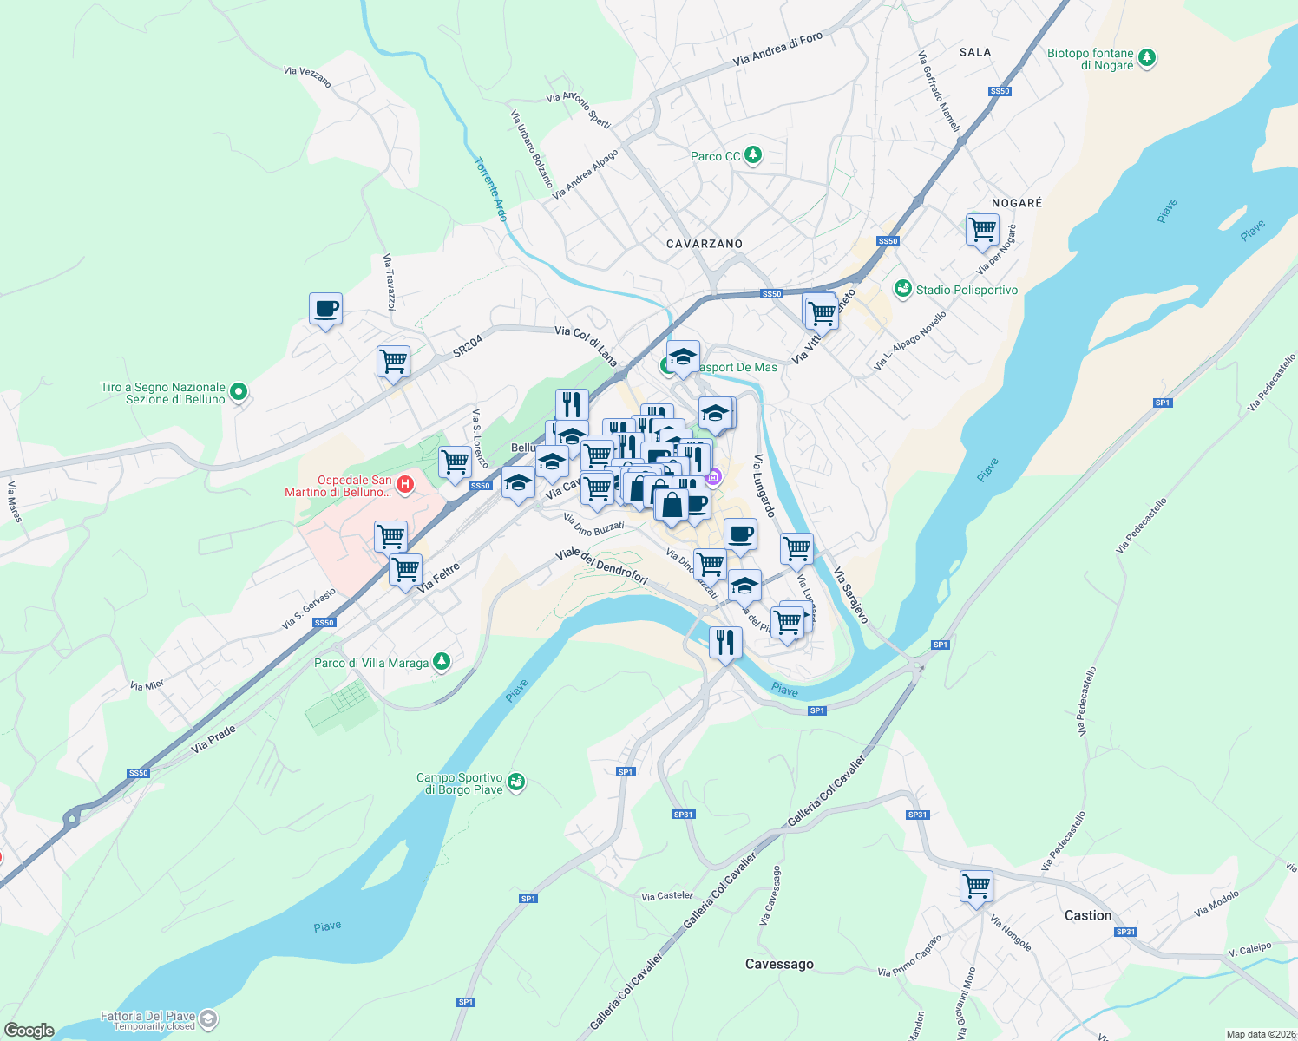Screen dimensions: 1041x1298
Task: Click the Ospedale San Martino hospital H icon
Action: pos(404,482)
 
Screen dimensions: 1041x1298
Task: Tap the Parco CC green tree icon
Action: pos(753,155)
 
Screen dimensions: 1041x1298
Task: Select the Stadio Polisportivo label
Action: pos(967,290)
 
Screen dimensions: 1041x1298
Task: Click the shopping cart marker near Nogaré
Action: pos(982,230)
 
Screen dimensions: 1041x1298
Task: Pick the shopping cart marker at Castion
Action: pos(976,887)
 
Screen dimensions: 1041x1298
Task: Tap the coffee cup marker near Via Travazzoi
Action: pos(325,308)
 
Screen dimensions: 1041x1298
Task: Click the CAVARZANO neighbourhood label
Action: pos(705,244)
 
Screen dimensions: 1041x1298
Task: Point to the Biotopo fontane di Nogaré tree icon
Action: pos(1148,58)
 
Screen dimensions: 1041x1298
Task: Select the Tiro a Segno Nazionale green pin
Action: pos(239,392)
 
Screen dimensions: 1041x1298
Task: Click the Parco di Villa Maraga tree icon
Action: pos(442,662)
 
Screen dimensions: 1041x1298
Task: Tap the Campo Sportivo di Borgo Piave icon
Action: pos(516,782)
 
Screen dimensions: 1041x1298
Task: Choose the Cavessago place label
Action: pos(779,964)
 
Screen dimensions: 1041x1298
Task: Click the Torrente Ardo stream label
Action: pos(490,189)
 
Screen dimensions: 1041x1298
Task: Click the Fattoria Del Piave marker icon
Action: pos(207,1018)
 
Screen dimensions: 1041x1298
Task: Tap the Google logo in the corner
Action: pos(29,1031)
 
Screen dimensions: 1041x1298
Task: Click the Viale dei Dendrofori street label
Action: pos(601,566)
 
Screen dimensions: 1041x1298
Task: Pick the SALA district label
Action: pos(975,52)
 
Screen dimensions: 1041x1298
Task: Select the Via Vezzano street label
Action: pos(307,76)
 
